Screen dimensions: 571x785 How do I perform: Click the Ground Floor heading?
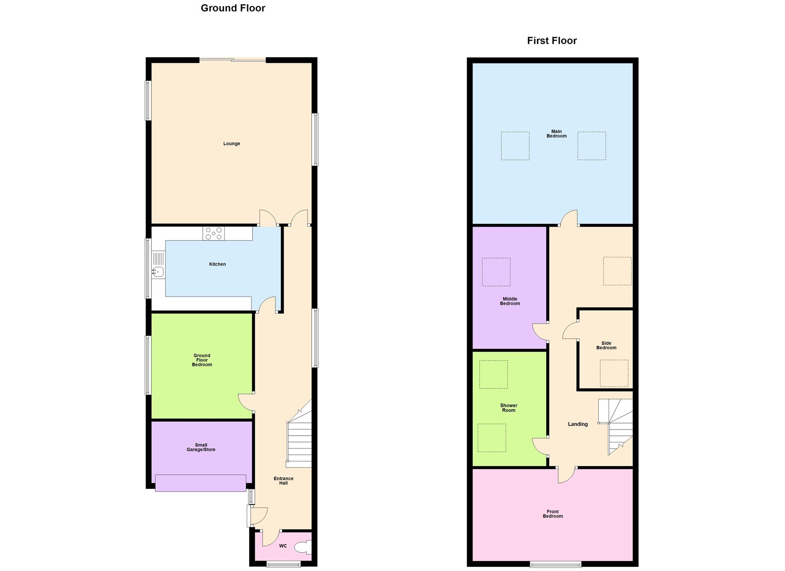pos(233,8)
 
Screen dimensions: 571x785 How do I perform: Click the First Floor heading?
pos(552,41)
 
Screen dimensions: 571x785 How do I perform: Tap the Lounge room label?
pos(232,144)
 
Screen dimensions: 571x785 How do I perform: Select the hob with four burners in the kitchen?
pos(213,234)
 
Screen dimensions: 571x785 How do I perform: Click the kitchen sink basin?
pos(158,272)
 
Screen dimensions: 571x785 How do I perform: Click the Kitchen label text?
pos(217,264)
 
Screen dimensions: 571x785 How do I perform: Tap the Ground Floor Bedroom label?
pos(202,360)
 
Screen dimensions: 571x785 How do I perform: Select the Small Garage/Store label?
pos(201,448)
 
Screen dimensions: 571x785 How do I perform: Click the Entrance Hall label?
pos(283,481)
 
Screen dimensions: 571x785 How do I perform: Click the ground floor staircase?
pos(299,441)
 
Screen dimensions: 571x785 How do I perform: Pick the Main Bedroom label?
pos(556,134)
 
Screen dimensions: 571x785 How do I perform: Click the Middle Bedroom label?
pos(510,301)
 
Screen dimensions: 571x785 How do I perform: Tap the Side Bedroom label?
pos(606,346)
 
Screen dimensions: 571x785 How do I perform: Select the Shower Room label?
pos(509,408)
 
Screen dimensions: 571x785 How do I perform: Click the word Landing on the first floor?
pos(578,424)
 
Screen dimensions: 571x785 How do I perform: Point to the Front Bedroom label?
pos(553,514)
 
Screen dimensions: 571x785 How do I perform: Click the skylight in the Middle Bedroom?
pos(496,272)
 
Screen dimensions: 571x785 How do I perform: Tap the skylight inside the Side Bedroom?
pos(614,373)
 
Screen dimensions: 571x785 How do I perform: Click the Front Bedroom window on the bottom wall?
pos(555,564)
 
